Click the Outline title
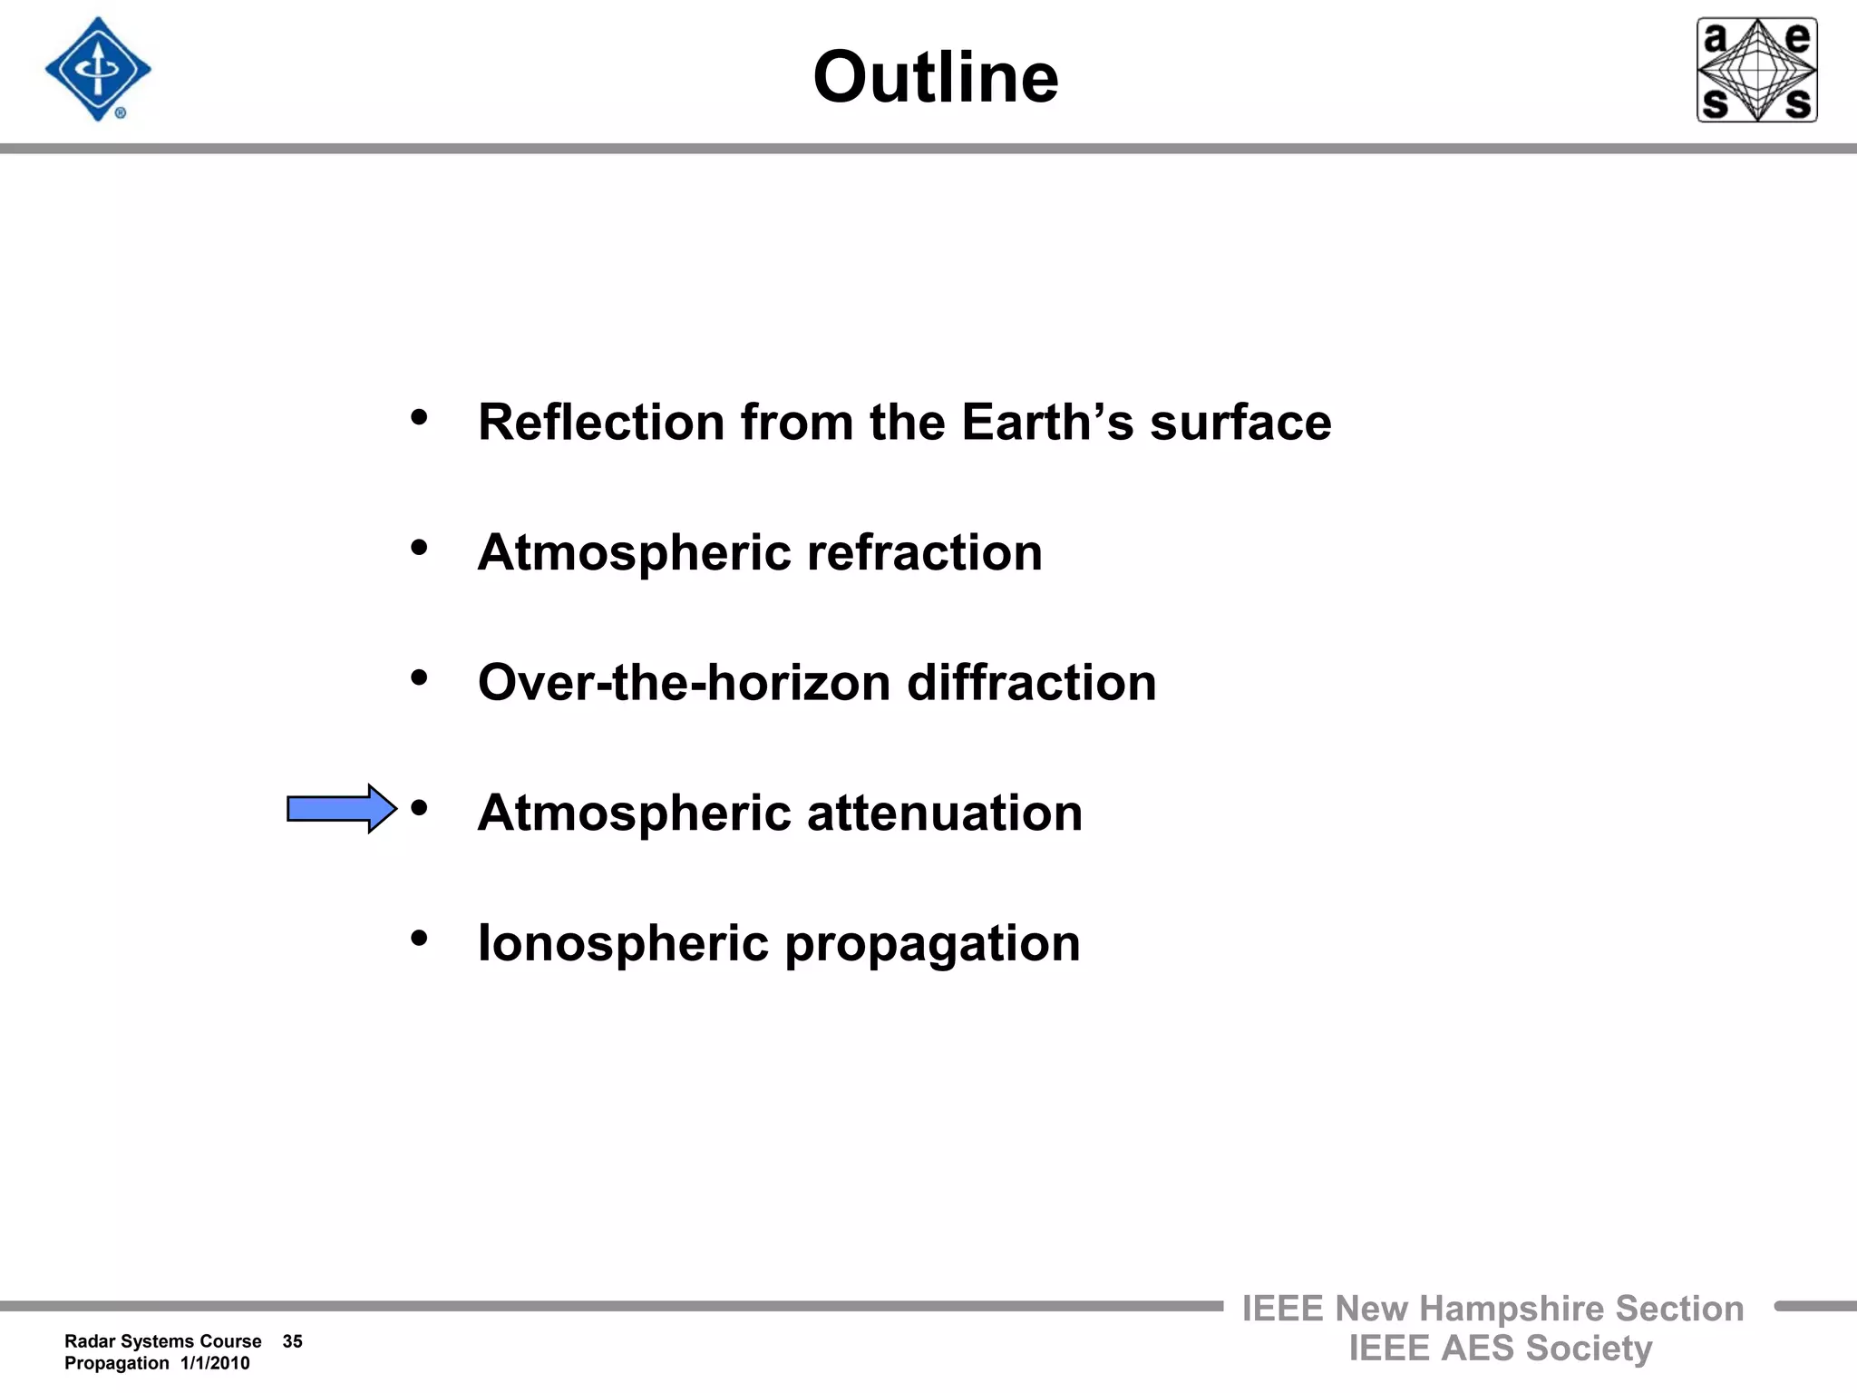[x=935, y=77]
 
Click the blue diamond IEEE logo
[x=98, y=70]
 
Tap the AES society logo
[x=1756, y=70]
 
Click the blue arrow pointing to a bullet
[x=341, y=808]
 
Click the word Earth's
[x=1046, y=423]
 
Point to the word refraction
[x=924, y=552]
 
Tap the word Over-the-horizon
[x=684, y=683]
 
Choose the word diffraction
[x=1031, y=683]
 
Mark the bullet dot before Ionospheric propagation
[x=419, y=938]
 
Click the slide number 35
[x=292, y=1341]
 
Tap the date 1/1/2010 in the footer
[x=215, y=1363]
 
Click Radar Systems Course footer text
[x=162, y=1341]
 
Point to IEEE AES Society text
[x=1500, y=1349]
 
